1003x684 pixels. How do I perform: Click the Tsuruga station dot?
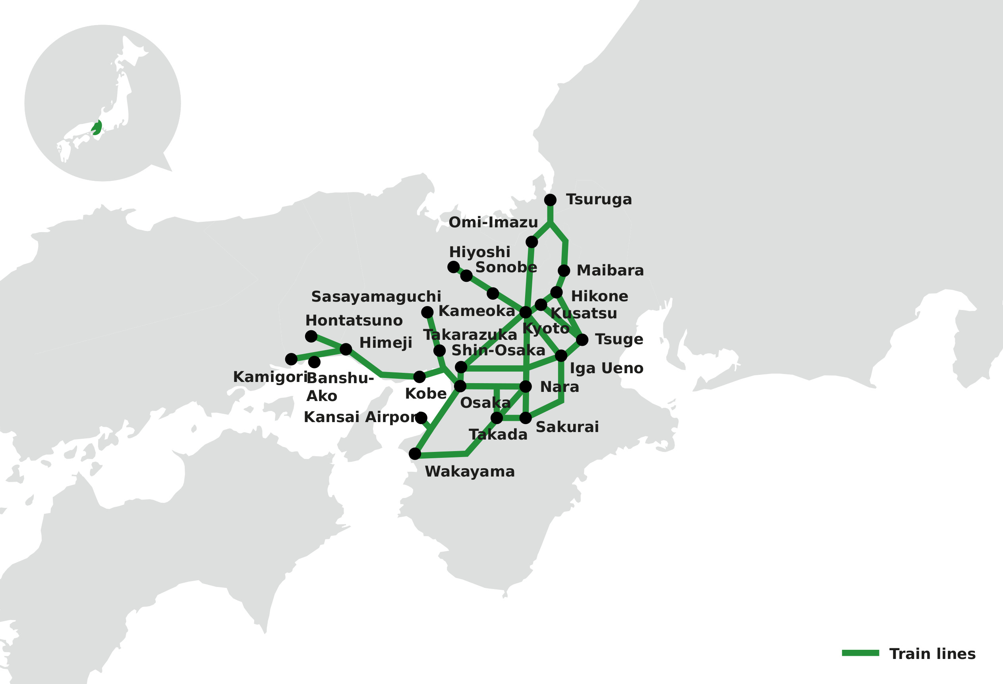(x=550, y=200)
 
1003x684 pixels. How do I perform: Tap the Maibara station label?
(x=610, y=270)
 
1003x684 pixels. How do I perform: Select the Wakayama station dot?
(x=415, y=454)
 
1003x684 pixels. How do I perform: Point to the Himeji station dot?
(x=346, y=349)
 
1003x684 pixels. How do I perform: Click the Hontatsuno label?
(x=354, y=320)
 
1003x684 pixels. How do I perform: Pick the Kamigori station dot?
(x=291, y=359)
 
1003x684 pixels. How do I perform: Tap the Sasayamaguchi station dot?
(x=427, y=312)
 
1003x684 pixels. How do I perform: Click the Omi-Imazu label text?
(x=493, y=223)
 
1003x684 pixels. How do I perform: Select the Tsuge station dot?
(x=582, y=340)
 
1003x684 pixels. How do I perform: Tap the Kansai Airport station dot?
(x=421, y=418)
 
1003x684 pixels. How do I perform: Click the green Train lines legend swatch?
(x=860, y=653)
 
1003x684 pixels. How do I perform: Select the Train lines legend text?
(x=932, y=654)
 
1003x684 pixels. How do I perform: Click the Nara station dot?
(x=525, y=386)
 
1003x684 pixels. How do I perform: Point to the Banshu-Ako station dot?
(x=314, y=362)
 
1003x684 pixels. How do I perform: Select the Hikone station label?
(x=599, y=296)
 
